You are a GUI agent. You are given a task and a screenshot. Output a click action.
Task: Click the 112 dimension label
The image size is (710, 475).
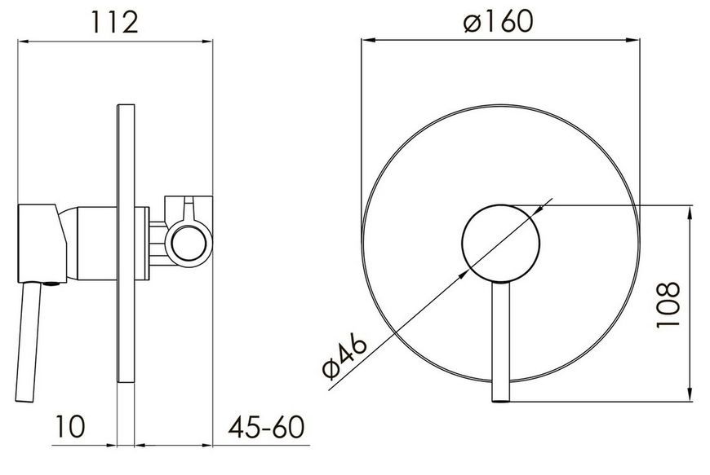click(x=114, y=22)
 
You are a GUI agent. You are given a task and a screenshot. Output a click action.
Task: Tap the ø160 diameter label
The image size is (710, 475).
click(x=499, y=21)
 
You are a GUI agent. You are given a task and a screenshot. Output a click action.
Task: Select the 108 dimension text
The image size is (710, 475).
click(x=668, y=305)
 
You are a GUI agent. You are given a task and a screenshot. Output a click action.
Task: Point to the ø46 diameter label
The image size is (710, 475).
click(x=344, y=356)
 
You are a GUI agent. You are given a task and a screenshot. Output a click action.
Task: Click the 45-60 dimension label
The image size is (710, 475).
click(x=266, y=427)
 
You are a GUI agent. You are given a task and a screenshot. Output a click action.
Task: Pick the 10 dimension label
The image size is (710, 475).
click(x=69, y=426)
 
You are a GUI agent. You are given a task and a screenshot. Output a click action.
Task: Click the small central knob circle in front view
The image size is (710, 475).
click(x=501, y=244)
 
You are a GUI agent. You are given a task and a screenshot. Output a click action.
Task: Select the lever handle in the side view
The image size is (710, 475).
click(x=27, y=342)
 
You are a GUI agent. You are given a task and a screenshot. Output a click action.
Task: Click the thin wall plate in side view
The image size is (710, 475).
click(x=126, y=244)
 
